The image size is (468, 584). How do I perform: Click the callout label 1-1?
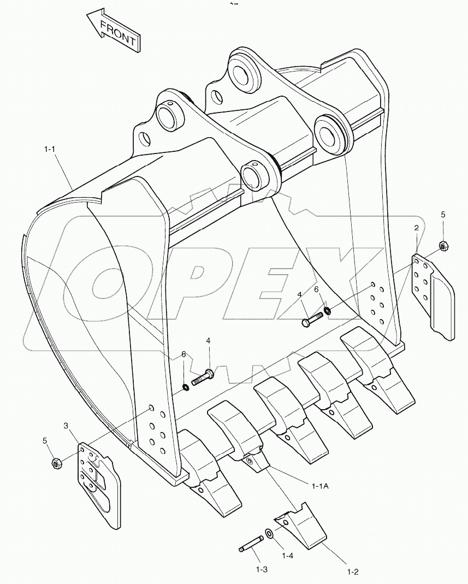pyautogui.click(x=51, y=149)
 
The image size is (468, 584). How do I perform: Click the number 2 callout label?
pyautogui.click(x=416, y=227)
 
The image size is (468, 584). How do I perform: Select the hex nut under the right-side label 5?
pyautogui.click(x=444, y=246)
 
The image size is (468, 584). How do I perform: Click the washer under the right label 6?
pyautogui.click(x=327, y=311)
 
